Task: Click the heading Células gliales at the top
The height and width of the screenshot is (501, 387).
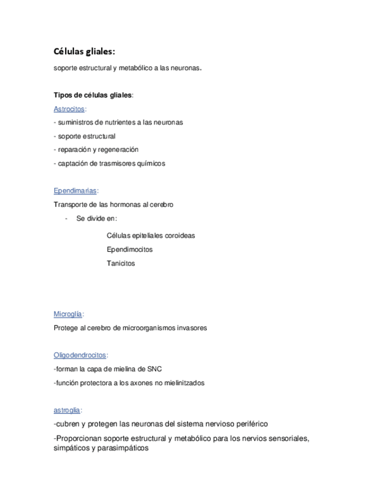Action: click(x=89, y=53)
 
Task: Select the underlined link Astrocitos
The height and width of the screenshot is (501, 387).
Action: click(x=69, y=109)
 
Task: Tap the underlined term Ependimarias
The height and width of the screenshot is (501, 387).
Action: click(x=75, y=191)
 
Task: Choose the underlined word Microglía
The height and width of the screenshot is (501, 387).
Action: click(x=68, y=314)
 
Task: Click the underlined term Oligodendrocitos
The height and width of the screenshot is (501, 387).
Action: click(x=80, y=355)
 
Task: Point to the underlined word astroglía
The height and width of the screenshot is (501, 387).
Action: click(x=67, y=409)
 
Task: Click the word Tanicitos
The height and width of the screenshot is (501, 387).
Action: click(x=121, y=263)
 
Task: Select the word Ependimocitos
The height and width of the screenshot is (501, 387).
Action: click(x=129, y=249)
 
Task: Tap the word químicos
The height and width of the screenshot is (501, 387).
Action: click(x=151, y=164)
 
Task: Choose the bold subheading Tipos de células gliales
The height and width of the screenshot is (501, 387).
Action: click(x=93, y=95)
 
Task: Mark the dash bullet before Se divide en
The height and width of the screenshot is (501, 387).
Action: click(x=66, y=219)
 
